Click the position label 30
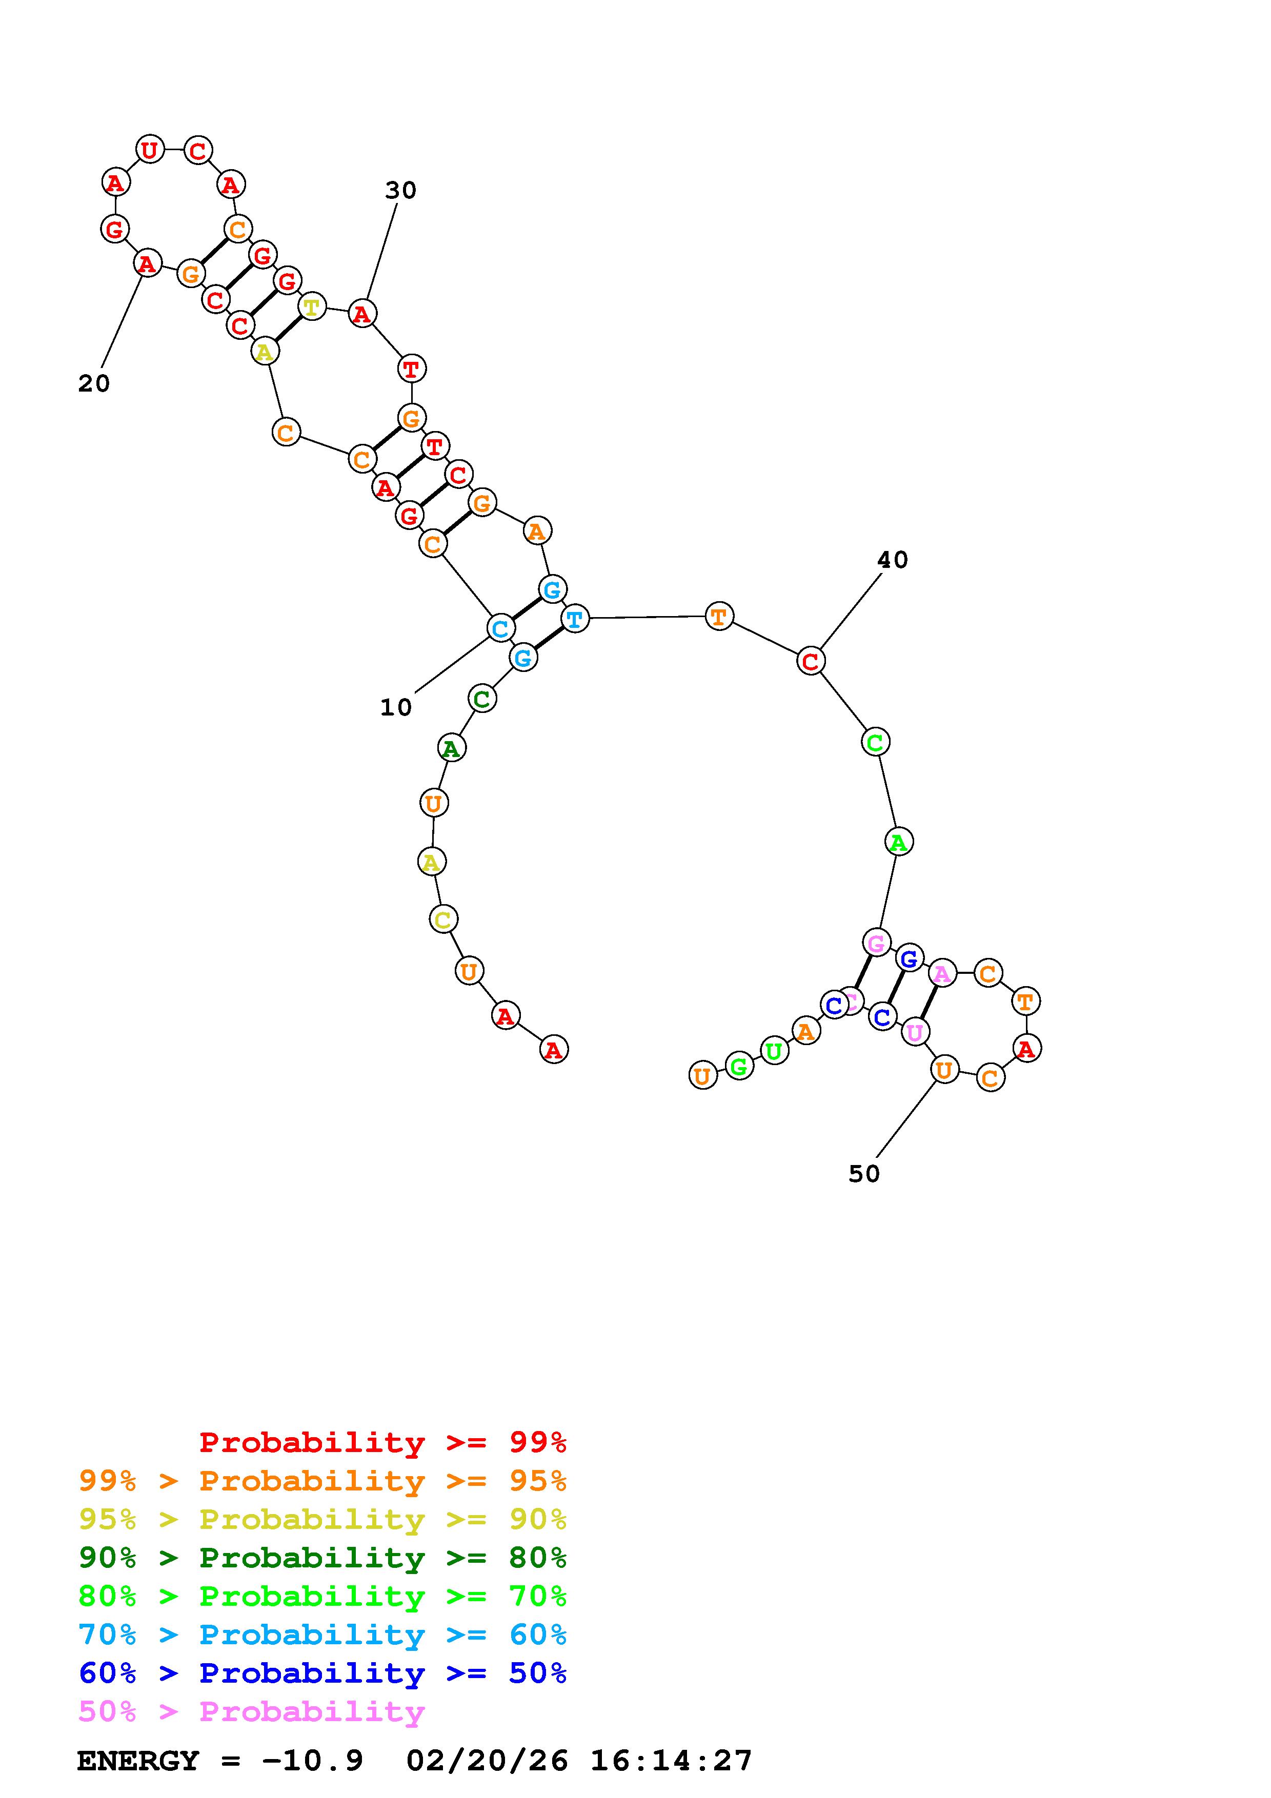point(400,190)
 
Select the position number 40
point(892,560)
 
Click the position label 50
point(864,1173)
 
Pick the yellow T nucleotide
point(312,306)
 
